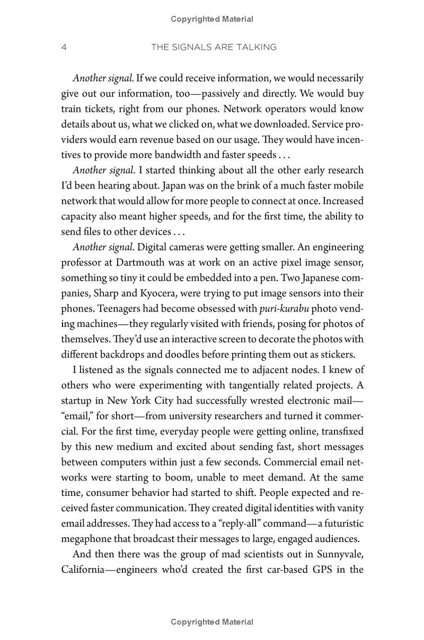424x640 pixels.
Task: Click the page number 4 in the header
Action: [64, 48]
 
